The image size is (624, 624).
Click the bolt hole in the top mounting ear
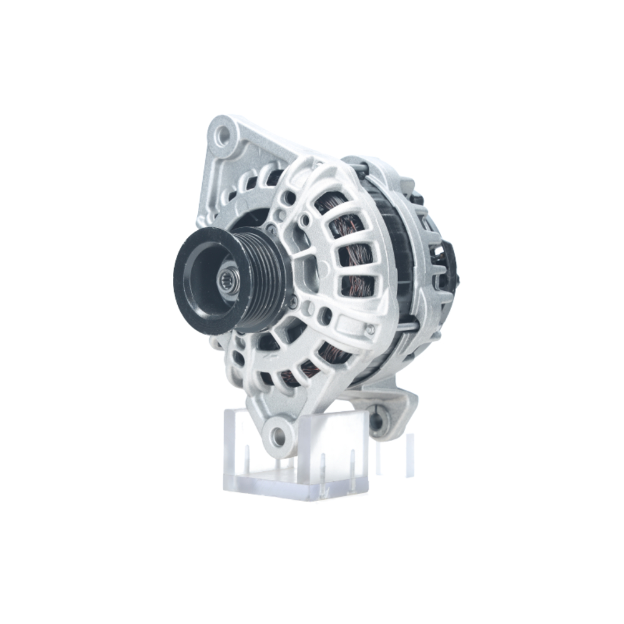click(223, 134)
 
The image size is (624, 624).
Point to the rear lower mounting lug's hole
click(376, 421)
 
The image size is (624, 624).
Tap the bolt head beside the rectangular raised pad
click(371, 329)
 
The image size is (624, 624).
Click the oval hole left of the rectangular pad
click(324, 314)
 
